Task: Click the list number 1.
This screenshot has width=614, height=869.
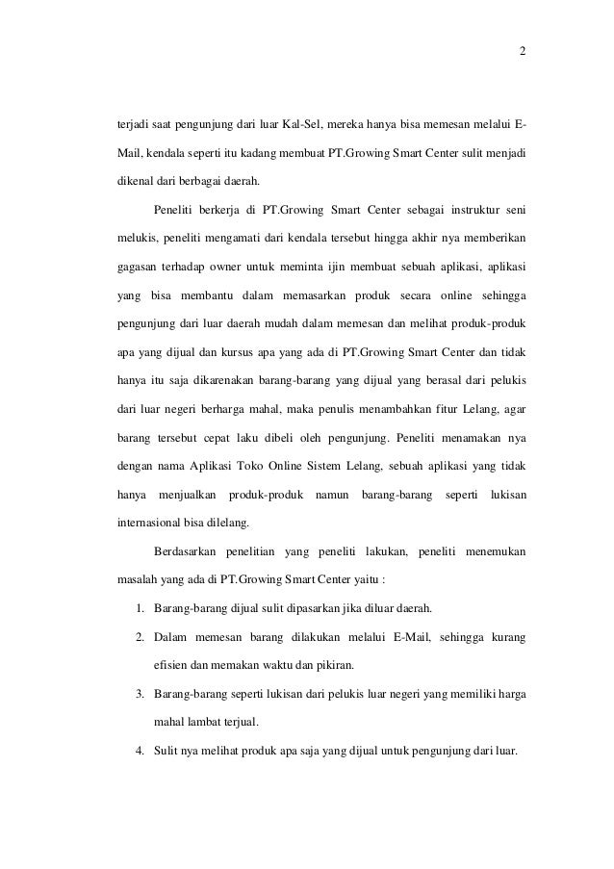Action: pos(140,608)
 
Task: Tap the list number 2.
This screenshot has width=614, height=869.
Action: pos(140,636)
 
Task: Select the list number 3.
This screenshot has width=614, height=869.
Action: pos(140,691)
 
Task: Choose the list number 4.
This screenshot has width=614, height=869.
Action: pos(140,747)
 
